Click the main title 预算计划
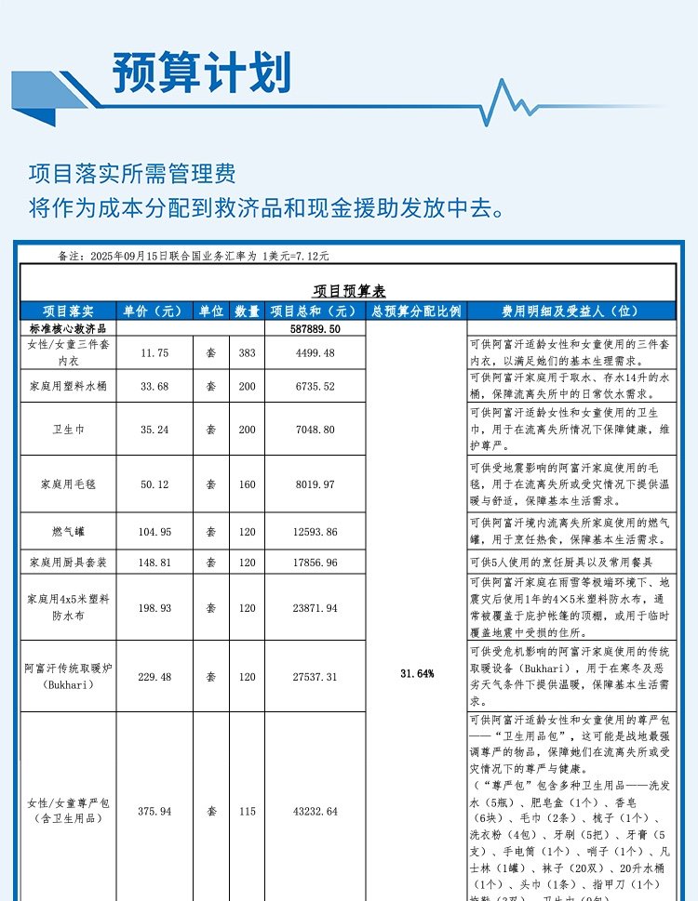click(x=201, y=72)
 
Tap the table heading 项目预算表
click(x=349, y=291)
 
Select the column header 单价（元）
click(x=153, y=311)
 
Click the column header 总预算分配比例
click(x=416, y=311)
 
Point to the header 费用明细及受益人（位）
click(x=570, y=311)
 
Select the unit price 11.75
click(x=154, y=352)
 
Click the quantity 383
click(x=247, y=352)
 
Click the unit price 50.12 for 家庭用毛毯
click(x=154, y=484)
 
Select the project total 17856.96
click(x=315, y=563)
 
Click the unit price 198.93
click(x=154, y=608)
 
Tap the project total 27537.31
click(x=315, y=677)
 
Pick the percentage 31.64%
click(x=416, y=673)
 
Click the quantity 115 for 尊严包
click(x=247, y=811)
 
